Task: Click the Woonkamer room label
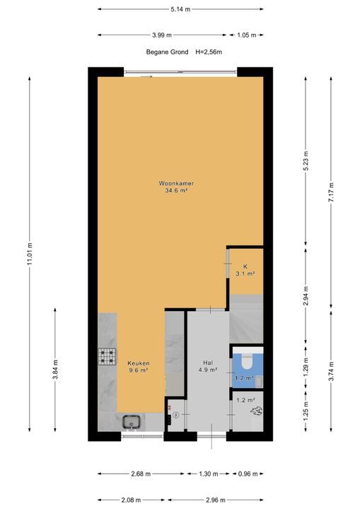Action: coord(176,183)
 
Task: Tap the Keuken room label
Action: coord(139,363)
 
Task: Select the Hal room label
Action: coord(208,363)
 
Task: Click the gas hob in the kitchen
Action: coord(108,356)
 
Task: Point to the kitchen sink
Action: coord(132,422)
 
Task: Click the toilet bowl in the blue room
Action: coord(248,362)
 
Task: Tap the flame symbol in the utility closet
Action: coord(256,411)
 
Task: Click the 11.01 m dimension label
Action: coord(30,254)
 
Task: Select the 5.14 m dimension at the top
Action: coord(180,9)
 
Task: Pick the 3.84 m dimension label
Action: coord(55,370)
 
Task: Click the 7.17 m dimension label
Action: coord(331,192)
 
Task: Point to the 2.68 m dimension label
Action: coord(141,474)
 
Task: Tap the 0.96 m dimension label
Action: coord(248,474)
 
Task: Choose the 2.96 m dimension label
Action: coord(216,500)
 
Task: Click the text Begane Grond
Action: coord(167,52)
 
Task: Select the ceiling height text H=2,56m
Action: coord(209,52)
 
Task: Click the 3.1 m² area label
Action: coord(245,274)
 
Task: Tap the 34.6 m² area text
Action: coord(176,191)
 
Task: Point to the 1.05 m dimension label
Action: coord(247,35)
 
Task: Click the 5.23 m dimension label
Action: coord(306,161)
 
